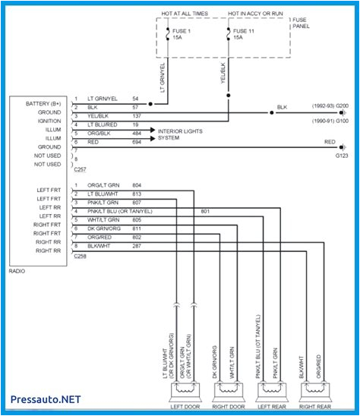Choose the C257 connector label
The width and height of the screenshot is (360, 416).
(x=80, y=173)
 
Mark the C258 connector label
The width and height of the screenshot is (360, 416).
(x=80, y=258)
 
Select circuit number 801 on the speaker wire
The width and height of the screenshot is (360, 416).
(x=205, y=210)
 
